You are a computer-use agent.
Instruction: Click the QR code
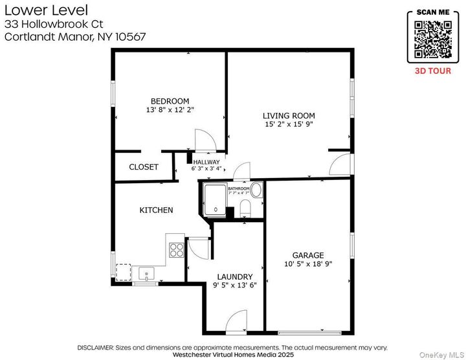(x=433, y=38)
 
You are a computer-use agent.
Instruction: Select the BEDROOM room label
(x=170, y=101)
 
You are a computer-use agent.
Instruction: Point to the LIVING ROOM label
(x=289, y=115)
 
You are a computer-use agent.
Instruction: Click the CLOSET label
(x=143, y=167)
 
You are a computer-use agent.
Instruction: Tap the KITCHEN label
(x=156, y=210)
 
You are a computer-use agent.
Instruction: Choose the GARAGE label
(x=307, y=255)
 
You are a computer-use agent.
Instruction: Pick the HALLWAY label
(x=206, y=162)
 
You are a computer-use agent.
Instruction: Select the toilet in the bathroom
(x=245, y=207)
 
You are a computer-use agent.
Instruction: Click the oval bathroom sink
(x=256, y=190)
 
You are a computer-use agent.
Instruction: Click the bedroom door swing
(x=203, y=139)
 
